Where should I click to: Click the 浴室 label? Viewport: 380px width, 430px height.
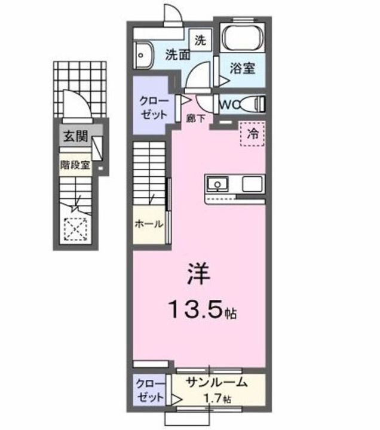tap(243, 67)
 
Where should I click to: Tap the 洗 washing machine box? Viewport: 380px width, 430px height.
tap(201, 41)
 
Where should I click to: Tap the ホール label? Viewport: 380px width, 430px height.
tap(149, 225)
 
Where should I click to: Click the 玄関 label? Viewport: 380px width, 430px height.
tap(75, 136)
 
